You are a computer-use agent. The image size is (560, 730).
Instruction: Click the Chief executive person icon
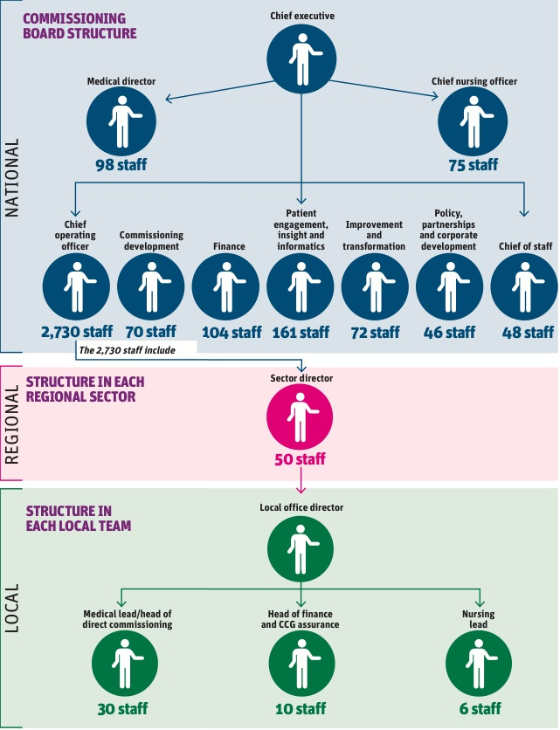(x=301, y=57)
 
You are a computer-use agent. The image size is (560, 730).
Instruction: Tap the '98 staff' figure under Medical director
(x=121, y=163)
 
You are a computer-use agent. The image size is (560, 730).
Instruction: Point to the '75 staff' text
(x=473, y=164)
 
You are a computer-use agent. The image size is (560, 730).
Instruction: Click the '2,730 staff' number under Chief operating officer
(x=76, y=332)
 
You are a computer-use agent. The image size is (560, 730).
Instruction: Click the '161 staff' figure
(x=301, y=332)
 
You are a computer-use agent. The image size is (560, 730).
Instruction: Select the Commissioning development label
(x=151, y=241)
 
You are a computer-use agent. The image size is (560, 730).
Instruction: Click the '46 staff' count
(x=449, y=332)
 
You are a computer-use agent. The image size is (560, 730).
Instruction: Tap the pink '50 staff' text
(x=301, y=459)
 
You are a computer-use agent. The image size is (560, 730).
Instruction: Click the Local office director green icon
(x=301, y=548)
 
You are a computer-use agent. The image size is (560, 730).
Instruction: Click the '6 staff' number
(x=479, y=708)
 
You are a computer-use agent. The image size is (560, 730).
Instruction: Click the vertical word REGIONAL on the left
(x=13, y=423)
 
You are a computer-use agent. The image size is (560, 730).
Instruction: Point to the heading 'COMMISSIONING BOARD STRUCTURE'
(x=80, y=26)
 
